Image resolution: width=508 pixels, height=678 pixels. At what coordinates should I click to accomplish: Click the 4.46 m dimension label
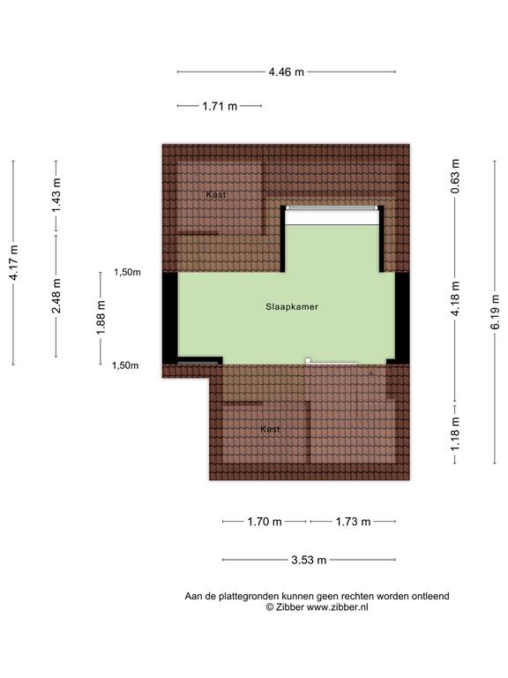(x=287, y=72)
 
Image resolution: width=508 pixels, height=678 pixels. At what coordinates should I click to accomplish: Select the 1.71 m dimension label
(x=220, y=106)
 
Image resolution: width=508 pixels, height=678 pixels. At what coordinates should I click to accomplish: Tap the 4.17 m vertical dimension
(x=13, y=262)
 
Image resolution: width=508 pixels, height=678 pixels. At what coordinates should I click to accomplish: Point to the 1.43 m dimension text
(x=56, y=195)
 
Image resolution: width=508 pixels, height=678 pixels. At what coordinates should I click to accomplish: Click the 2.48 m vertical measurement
(x=56, y=297)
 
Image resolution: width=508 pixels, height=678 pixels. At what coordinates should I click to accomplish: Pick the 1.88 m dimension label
(x=101, y=318)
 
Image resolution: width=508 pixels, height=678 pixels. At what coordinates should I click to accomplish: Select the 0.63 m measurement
(x=455, y=177)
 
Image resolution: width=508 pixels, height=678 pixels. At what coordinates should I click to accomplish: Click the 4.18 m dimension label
(x=455, y=298)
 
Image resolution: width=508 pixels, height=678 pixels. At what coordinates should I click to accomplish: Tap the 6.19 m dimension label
(x=495, y=312)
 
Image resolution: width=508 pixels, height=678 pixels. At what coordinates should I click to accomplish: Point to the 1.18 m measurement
(x=455, y=433)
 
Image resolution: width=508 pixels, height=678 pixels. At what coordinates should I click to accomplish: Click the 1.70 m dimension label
(x=265, y=522)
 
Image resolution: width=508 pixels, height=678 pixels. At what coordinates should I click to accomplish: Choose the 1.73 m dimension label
(x=353, y=522)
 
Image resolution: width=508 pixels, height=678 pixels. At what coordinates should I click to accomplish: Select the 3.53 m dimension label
(x=309, y=561)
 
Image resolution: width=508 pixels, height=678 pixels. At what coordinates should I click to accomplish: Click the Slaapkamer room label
(x=292, y=307)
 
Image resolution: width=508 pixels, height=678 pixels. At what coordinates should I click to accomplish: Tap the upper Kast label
(x=215, y=194)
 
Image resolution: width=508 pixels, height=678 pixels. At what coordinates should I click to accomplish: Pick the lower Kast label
(x=270, y=429)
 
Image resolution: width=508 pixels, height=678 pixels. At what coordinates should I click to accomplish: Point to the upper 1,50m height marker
(x=127, y=273)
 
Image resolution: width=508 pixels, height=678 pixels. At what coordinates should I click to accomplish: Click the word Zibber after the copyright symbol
(x=290, y=607)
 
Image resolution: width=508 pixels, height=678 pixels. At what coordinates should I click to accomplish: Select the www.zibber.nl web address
(x=338, y=607)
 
